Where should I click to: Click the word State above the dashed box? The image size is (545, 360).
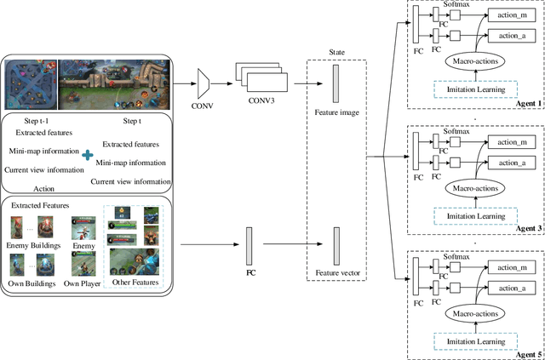pyautogui.click(x=336, y=51)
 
